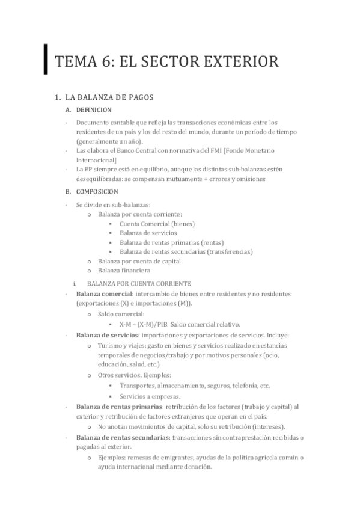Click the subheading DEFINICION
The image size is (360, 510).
[x=94, y=110]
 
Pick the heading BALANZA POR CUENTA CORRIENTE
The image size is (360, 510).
[x=139, y=283]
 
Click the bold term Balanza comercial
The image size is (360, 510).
[x=104, y=293]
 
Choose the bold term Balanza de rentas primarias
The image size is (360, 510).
[x=119, y=407]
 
